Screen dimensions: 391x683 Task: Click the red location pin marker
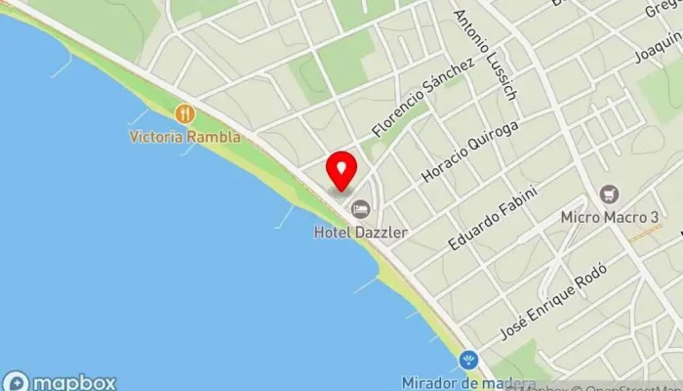(341, 170)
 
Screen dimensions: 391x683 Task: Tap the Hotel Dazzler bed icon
(361, 208)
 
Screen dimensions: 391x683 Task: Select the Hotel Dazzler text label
(361, 233)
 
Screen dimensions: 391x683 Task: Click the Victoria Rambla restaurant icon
(184, 114)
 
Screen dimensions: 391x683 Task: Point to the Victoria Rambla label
(184, 137)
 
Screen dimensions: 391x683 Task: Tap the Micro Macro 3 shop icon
(610, 195)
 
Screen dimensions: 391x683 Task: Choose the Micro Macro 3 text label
(610, 217)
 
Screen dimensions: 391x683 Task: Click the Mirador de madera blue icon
(468, 360)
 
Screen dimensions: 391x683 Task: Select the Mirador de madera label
(468, 382)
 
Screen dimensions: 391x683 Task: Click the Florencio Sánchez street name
(422, 97)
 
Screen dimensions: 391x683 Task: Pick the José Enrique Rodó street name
(553, 301)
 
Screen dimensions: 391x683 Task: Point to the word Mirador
(430, 382)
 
